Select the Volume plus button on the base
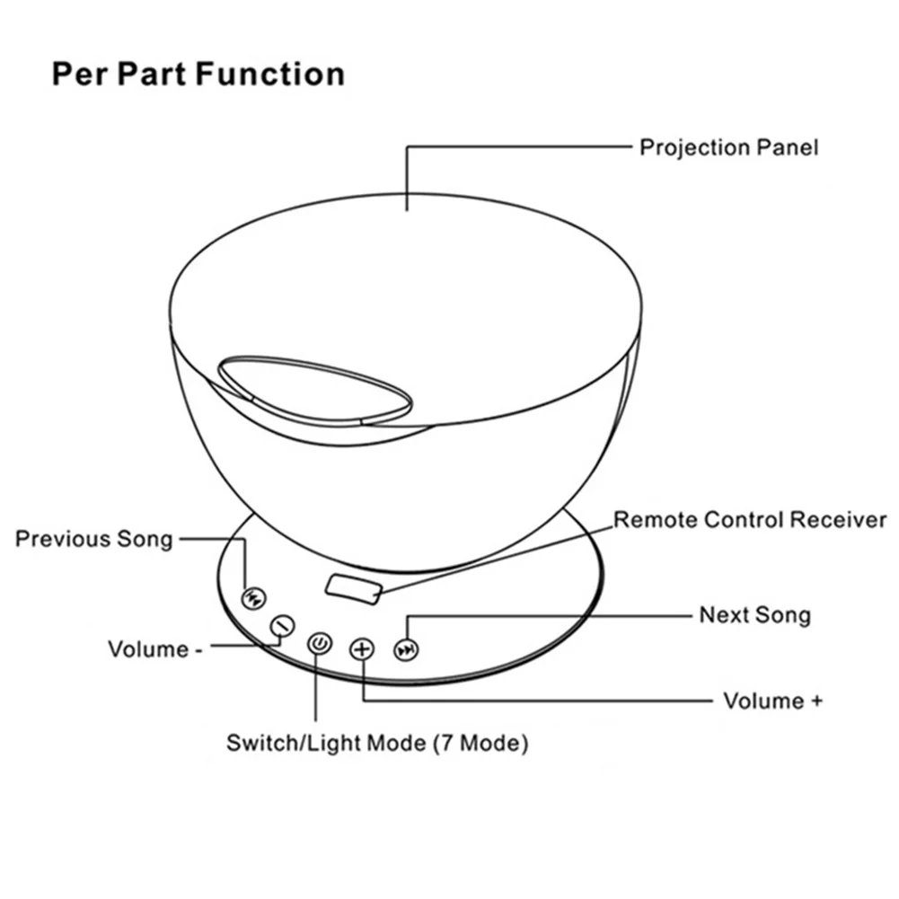click(362, 648)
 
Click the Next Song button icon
click(408, 649)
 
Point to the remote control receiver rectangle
click(353, 587)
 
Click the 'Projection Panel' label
click(728, 147)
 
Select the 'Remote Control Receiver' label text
click(749, 520)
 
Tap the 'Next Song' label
click(754, 615)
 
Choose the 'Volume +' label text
click(772, 701)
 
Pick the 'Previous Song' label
click(93, 539)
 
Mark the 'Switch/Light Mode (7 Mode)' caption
click(377, 744)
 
